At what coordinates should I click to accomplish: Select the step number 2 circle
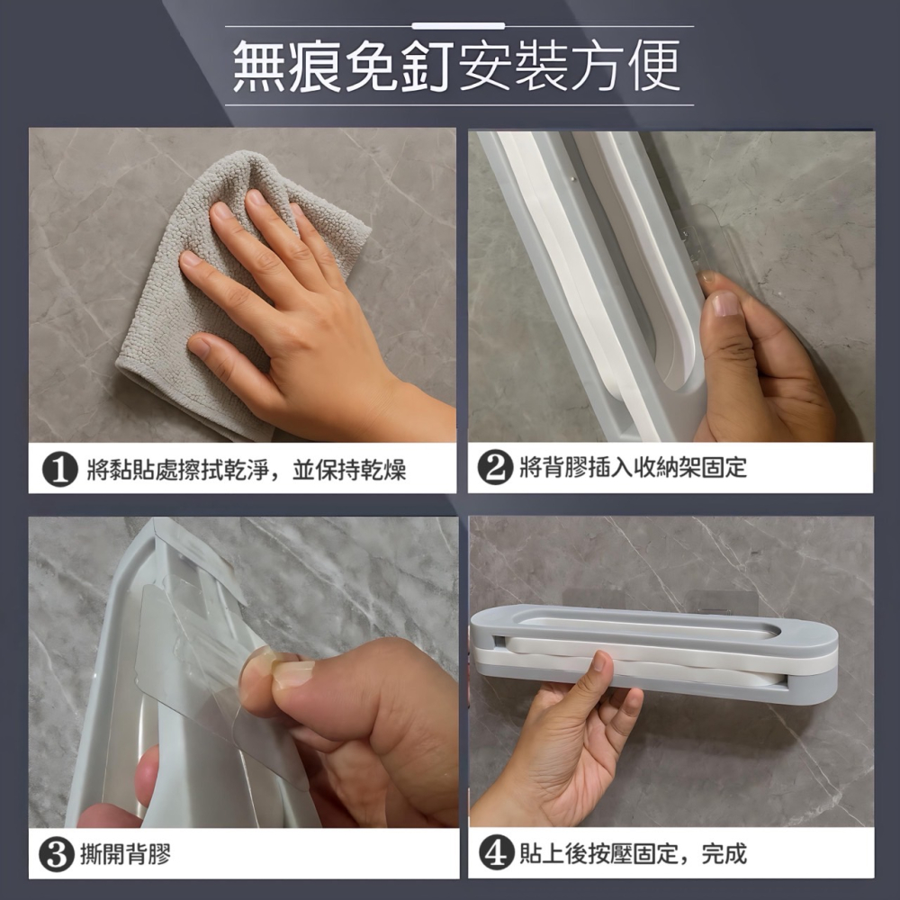[494, 468]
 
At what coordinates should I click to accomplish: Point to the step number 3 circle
[59, 853]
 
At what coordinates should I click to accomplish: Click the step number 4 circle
[494, 852]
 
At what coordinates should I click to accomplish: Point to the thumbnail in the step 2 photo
[726, 303]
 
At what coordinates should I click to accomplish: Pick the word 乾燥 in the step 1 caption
[384, 470]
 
